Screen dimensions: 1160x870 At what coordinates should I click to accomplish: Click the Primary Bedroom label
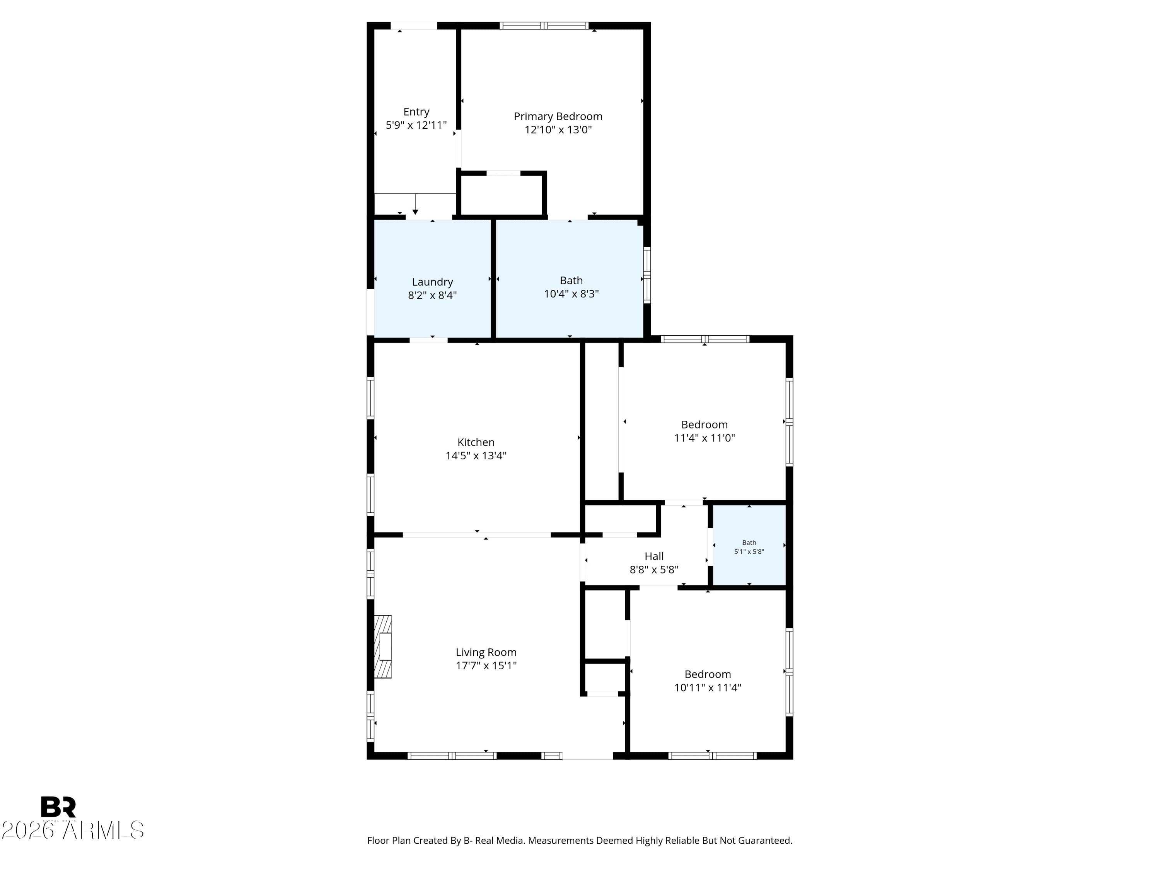(558, 116)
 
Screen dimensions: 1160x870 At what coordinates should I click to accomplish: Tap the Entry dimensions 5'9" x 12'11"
(416, 125)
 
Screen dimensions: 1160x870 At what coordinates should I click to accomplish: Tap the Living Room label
(486, 652)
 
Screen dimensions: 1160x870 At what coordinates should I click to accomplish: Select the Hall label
(654, 556)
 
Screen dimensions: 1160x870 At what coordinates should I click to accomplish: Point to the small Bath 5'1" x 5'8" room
(749, 545)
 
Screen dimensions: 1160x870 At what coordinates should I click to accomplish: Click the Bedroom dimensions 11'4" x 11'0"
(704, 438)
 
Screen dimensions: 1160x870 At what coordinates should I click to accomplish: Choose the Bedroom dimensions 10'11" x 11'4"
(708, 687)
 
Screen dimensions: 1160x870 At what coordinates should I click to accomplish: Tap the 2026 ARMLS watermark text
(73, 830)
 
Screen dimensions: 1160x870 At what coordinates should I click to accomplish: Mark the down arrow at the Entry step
(415, 204)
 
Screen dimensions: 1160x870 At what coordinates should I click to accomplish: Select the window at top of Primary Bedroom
(544, 25)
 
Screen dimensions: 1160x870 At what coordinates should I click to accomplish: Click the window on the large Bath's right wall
(647, 275)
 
